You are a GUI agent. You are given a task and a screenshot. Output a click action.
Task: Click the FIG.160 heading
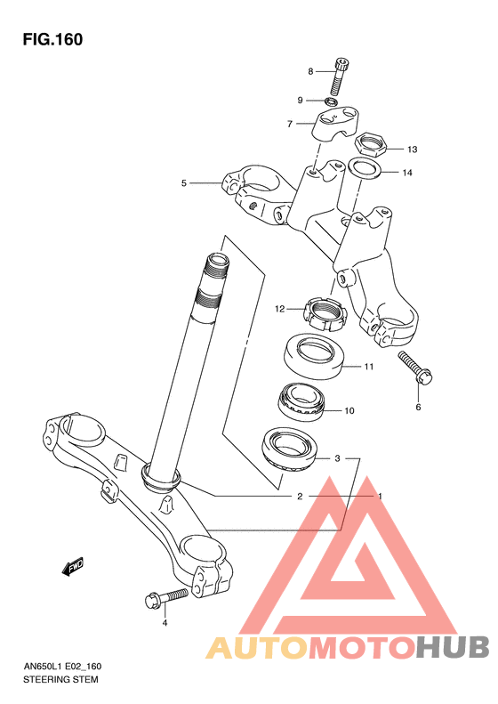click(52, 39)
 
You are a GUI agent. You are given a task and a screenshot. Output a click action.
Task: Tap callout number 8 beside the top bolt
click(310, 71)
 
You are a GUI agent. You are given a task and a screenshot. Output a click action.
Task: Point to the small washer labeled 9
click(331, 101)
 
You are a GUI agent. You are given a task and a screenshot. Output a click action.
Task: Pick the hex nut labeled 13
click(371, 144)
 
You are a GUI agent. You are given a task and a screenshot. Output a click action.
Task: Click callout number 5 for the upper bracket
click(183, 183)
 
